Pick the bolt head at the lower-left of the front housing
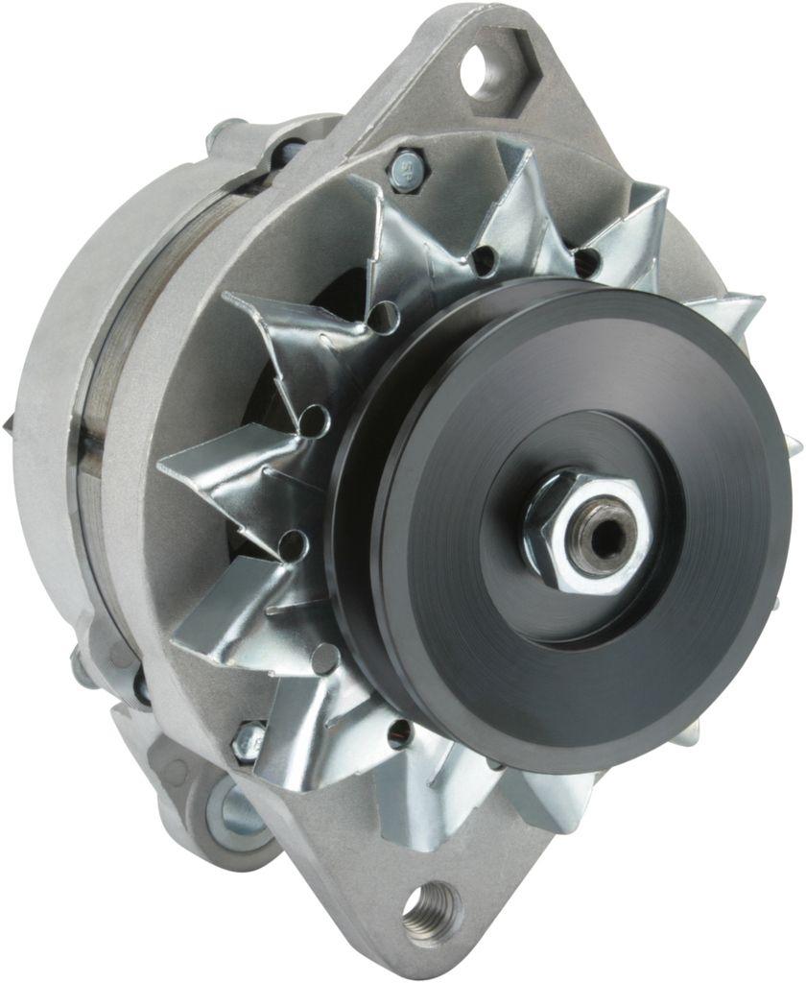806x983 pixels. coord(249,739)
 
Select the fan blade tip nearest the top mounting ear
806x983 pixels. coord(518,173)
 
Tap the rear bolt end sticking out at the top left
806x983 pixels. coord(223,134)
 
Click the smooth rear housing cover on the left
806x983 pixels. coord(58,365)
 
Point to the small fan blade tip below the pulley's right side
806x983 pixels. coord(687,734)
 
